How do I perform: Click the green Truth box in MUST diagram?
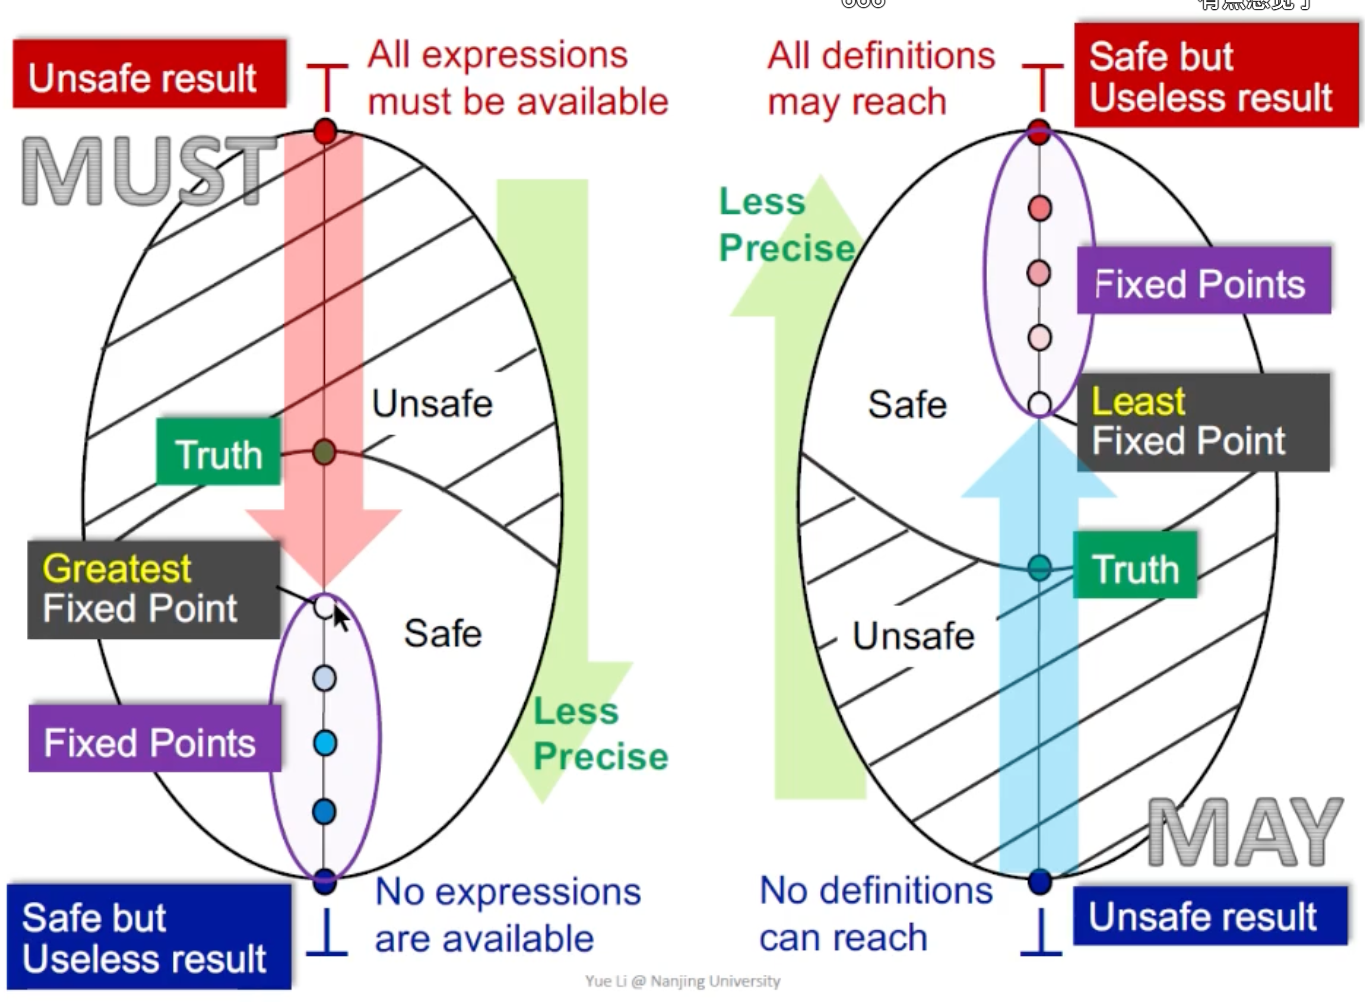[x=218, y=452]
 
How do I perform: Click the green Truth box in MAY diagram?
[x=1135, y=566]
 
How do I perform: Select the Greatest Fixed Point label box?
[x=153, y=589]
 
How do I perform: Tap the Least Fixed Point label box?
[x=1203, y=422]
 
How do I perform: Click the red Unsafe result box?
[x=149, y=74]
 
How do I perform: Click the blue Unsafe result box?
[x=1210, y=915]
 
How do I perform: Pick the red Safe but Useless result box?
[x=1216, y=75]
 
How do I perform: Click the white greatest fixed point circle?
[x=324, y=606]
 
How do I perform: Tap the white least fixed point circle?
[x=1039, y=403]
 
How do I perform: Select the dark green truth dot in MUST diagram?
[x=324, y=452]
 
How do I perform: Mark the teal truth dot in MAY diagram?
[x=1039, y=568]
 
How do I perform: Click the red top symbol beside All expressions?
[x=327, y=86]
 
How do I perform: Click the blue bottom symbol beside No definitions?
[x=1041, y=932]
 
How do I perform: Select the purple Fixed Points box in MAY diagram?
[x=1204, y=281]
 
